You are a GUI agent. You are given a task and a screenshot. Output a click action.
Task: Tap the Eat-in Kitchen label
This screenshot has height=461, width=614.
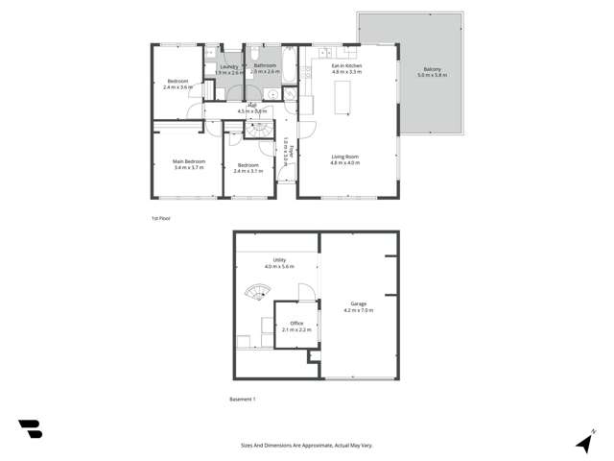click(345, 67)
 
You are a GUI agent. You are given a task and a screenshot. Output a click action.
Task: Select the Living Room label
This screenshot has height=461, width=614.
click(345, 157)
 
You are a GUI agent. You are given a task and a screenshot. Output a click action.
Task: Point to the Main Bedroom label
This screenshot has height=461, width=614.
click(189, 161)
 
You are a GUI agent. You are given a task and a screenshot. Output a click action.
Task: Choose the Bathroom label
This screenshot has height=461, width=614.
click(265, 66)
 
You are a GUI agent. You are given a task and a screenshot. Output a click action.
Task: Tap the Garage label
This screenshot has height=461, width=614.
click(358, 304)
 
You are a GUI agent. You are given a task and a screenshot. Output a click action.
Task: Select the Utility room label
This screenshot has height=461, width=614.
click(279, 259)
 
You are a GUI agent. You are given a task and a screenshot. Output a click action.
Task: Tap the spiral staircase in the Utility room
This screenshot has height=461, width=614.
click(257, 291)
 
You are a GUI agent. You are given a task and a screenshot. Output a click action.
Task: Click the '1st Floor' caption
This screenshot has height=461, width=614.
click(160, 219)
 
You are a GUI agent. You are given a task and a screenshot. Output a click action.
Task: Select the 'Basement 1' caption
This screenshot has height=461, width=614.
click(243, 399)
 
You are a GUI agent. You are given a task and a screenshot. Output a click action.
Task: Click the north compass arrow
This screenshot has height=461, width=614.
click(583, 442)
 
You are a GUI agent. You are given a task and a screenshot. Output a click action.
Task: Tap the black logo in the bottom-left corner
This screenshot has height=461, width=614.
click(31, 429)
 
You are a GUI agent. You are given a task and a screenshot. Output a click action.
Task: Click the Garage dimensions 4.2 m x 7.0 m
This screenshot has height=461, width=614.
click(358, 311)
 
